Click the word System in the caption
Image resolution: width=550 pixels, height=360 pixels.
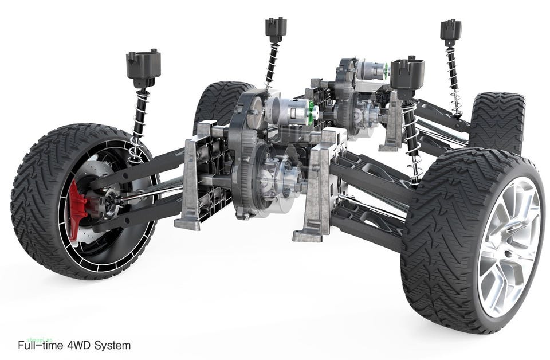pos(113,346)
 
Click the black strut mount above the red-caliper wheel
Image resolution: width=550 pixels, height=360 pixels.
pos(143,68)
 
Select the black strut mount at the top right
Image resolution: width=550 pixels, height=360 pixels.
pos(451,30)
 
